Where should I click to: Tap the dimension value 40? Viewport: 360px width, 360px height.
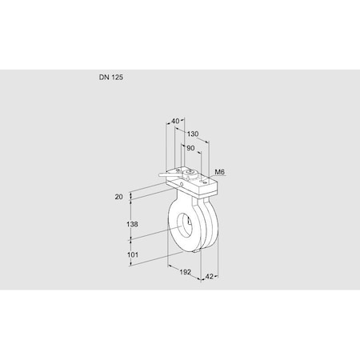(175, 122)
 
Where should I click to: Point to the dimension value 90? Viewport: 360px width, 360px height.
(190, 148)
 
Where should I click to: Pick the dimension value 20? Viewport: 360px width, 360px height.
(118, 196)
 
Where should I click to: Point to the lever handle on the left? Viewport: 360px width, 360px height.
(165, 175)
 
